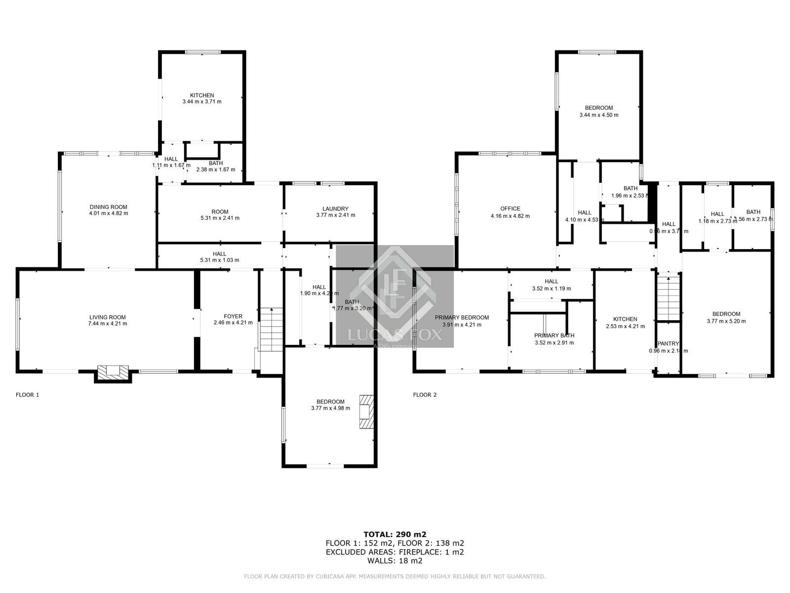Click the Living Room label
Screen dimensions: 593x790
click(x=108, y=317)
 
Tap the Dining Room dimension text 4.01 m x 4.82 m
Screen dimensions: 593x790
click(x=108, y=213)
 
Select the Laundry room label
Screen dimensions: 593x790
click(x=335, y=209)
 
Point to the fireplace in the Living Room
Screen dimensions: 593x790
click(x=113, y=372)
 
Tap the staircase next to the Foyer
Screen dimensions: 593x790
click(x=271, y=329)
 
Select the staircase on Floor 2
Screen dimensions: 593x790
click(x=669, y=298)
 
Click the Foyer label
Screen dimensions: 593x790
click(x=233, y=316)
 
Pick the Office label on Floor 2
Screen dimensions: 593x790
click(x=510, y=209)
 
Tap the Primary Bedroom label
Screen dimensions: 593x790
click(x=462, y=318)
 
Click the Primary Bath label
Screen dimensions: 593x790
click(x=554, y=336)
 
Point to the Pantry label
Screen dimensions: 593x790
click(x=668, y=344)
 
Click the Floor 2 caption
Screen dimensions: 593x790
click(x=425, y=395)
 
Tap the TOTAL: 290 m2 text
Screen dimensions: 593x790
click(x=395, y=534)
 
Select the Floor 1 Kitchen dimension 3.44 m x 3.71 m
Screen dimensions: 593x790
click(x=202, y=102)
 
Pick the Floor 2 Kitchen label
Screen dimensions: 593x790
click(x=625, y=319)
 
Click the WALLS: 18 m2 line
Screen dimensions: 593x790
click(x=395, y=561)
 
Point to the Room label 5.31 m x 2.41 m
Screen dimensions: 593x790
click(x=220, y=212)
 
